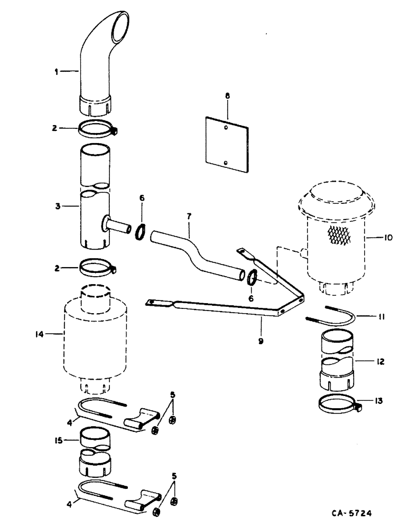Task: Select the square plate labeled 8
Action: pyautogui.click(x=227, y=144)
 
